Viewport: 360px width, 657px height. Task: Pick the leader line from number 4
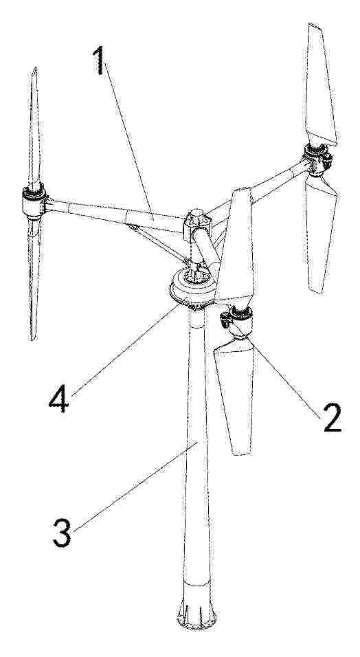pos(125,350)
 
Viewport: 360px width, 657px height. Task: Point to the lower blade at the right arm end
pos(321,234)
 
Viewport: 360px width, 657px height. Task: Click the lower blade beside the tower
pos(235,396)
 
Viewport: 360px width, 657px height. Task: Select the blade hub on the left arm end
pos(34,202)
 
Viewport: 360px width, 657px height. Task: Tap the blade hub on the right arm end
pos(317,159)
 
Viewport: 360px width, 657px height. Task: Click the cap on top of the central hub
pos(197,214)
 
